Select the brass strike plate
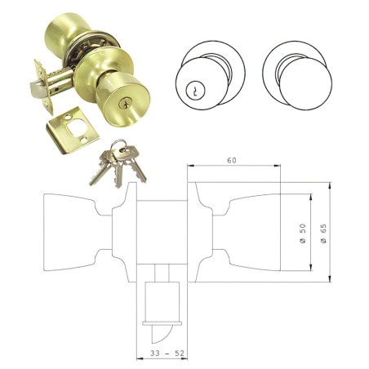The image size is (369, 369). (x=73, y=125)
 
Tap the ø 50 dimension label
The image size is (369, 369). (x=301, y=233)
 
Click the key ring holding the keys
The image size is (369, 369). (x=120, y=148)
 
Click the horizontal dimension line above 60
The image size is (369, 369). (x=234, y=167)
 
